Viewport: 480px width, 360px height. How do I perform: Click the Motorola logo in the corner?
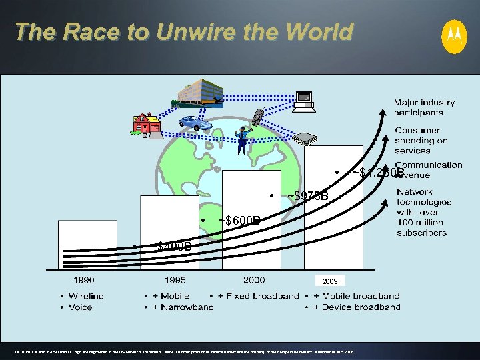455,36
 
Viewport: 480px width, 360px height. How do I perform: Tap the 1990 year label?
83,281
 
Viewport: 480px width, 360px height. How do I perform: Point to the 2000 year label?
254,281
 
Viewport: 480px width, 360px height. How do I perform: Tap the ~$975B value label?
307,196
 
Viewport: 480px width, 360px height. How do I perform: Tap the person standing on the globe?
242,139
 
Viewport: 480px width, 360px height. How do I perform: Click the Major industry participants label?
424,107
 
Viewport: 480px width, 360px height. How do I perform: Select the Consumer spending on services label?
421,140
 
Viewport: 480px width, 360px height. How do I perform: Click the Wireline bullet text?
86,296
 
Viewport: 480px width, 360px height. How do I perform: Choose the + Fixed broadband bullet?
259,296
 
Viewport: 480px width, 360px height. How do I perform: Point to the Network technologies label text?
423,212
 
